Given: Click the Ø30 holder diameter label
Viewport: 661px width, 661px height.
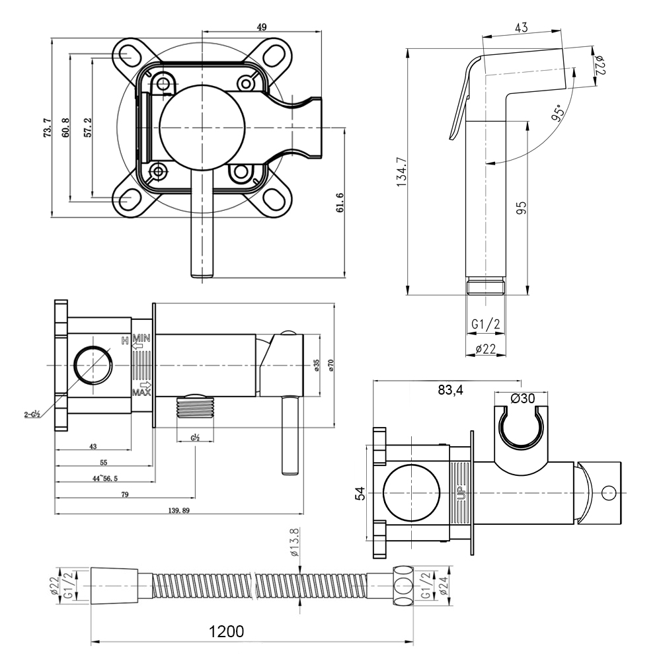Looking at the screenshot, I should tap(522, 398).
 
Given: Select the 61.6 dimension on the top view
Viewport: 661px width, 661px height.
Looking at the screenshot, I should tap(340, 203).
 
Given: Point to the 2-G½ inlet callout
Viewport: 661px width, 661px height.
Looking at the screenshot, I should tap(32, 414).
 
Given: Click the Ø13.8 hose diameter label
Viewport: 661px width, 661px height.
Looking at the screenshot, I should tap(295, 542).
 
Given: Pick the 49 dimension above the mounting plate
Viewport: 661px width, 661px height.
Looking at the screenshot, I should tap(261, 27).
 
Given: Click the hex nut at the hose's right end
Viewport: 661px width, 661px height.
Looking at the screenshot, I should tap(402, 584).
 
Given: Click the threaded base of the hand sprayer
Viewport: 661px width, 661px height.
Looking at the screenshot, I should tap(486, 286).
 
